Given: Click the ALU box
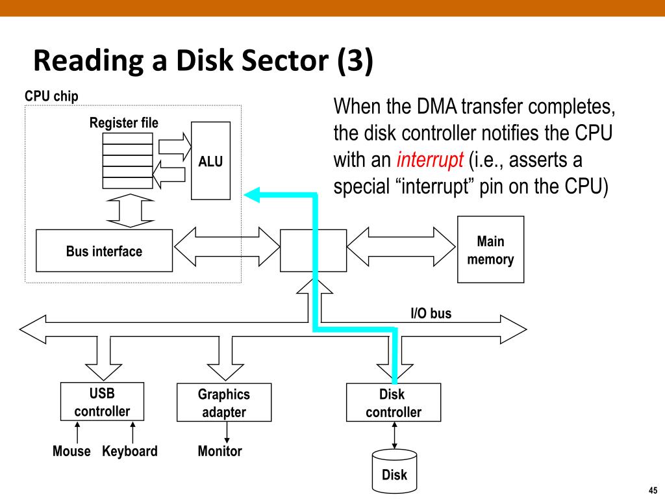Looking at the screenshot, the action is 211,161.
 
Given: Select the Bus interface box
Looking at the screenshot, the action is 105,251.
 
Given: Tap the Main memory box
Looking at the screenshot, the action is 491,249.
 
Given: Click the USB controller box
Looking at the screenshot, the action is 102,402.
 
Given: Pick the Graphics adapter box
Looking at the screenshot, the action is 224,402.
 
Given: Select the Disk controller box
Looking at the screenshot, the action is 394,402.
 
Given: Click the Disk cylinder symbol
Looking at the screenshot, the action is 394,471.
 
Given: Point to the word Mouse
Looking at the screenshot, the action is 71,451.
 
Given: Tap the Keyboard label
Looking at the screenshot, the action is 130,451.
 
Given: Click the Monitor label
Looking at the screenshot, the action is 220,451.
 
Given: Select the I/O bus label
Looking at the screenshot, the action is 431,313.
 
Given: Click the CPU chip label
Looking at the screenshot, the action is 51,96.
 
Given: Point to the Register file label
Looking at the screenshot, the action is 124,123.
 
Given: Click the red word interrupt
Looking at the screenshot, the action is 430,160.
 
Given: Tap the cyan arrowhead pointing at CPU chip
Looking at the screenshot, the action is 252,195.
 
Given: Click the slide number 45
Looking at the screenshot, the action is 653,490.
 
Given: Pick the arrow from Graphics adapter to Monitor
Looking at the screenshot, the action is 227,432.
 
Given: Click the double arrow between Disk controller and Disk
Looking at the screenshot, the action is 394,435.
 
